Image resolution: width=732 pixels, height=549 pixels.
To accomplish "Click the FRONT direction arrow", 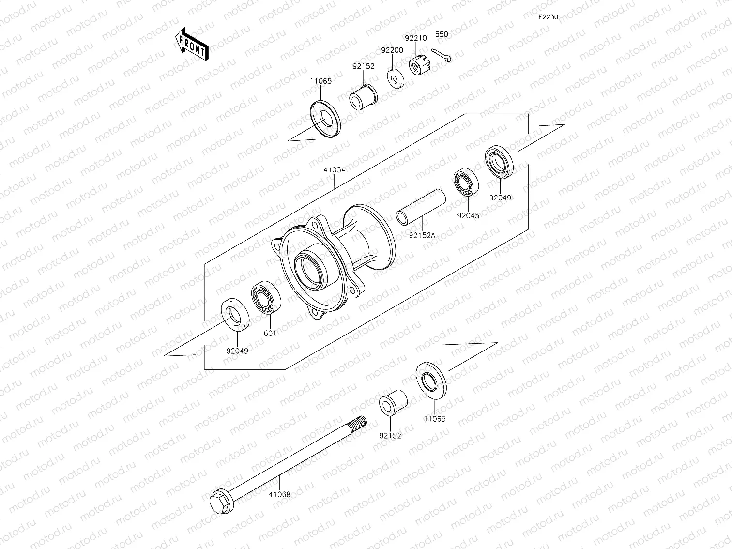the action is point(192,44).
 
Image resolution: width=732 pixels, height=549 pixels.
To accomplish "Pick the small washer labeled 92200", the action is point(396,77).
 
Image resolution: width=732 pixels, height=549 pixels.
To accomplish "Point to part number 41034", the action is point(335,170).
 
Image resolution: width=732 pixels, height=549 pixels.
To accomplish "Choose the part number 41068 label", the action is point(280,494).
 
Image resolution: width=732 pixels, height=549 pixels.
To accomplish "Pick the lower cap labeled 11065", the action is point(431,380).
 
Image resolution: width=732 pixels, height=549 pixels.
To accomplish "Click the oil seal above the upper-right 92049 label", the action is point(499,161).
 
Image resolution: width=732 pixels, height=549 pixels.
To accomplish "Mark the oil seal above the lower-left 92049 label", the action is point(236,316).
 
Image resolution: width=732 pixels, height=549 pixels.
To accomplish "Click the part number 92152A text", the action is point(422,235).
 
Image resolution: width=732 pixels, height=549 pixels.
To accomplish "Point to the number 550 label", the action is point(442,34).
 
